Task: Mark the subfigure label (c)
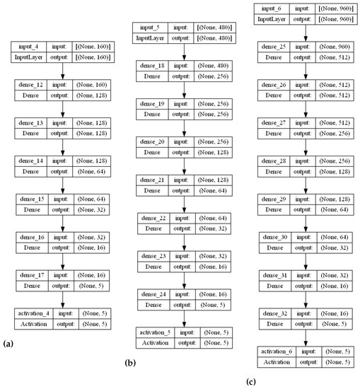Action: [x=251, y=383]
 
